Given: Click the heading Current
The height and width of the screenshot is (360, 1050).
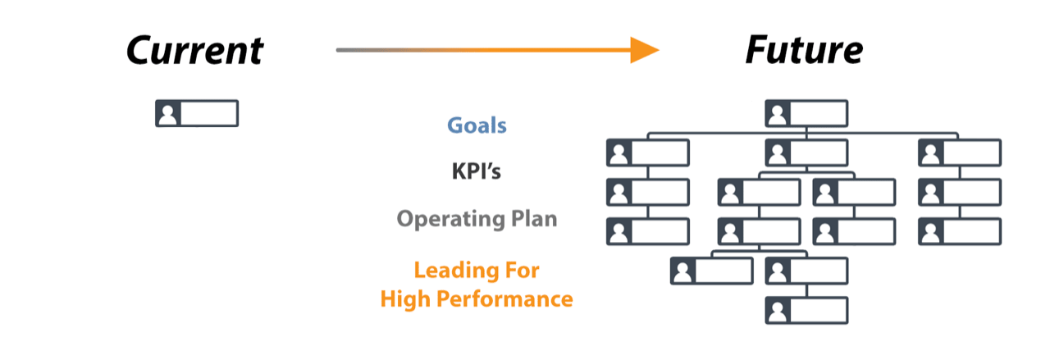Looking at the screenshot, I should pyautogui.click(x=195, y=51).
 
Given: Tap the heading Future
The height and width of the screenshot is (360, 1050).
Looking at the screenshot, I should pyautogui.click(x=804, y=51).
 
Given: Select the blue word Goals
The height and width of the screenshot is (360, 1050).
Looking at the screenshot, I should pyautogui.click(x=477, y=125).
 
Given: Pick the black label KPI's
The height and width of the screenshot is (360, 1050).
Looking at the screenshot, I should pyautogui.click(x=477, y=172).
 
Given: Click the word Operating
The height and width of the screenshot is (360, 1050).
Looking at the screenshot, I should pyautogui.click(x=441, y=220).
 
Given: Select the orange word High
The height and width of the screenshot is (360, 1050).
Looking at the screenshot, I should pyautogui.click(x=403, y=299).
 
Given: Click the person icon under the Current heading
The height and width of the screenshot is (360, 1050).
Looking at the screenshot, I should pyautogui.click(x=168, y=113).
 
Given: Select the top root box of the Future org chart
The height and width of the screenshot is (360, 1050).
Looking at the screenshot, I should pyautogui.click(x=806, y=113).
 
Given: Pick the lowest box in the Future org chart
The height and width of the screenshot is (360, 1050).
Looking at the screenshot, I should pyautogui.click(x=806, y=311).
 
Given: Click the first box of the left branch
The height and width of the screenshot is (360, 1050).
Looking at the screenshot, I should pyautogui.click(x=648, y=153).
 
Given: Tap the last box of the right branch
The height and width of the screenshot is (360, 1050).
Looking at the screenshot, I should pyautogui.click(x=960, y=232).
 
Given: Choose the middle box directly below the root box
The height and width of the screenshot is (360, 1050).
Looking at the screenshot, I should pyautogui.click(x=806, y=153).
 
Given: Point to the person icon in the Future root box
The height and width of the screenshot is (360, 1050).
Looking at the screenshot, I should pyautogui.click(x=778, y=113).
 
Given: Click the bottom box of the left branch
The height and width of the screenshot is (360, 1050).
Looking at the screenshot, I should pyautogui.click(x=648, y=232).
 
